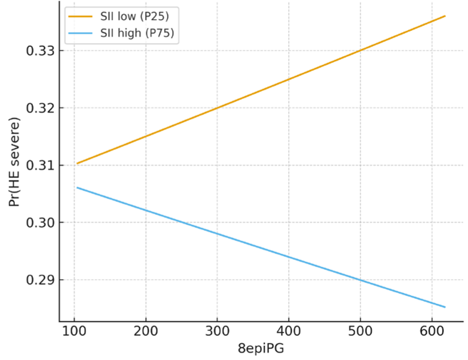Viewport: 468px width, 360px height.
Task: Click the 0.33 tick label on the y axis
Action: tap(40, 51)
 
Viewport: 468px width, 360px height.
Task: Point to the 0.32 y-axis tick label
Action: tap(40, 108)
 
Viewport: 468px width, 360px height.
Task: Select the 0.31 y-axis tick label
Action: tap(40, 165)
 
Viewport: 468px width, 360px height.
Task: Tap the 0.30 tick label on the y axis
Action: tap(40, 223)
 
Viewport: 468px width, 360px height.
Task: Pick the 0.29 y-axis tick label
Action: tap(40, 280)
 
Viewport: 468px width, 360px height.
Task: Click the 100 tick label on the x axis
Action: tap(74, 331)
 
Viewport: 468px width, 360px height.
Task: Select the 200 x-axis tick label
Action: tap(145, 331)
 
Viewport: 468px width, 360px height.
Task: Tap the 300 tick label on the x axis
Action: tap(217, 331)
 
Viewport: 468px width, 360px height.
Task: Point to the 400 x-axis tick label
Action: tap(289, 331)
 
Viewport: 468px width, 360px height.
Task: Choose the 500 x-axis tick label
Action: tap(360, 331)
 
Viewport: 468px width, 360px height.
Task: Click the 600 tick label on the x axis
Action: tap(432, 331)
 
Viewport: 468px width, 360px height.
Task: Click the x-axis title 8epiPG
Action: tap(261, 348)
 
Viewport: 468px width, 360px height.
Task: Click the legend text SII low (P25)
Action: tap(135, 16)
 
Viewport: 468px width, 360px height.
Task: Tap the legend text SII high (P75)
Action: tap(137, 33)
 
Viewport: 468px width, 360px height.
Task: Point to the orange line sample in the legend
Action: tap(80, 16)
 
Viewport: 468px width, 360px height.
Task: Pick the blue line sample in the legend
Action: tap(80, 33)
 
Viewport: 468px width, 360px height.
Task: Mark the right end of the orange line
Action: tap(445, 16)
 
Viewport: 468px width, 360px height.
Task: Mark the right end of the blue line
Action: tap(445, 307)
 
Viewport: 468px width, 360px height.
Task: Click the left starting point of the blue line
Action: tap(77, 187)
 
